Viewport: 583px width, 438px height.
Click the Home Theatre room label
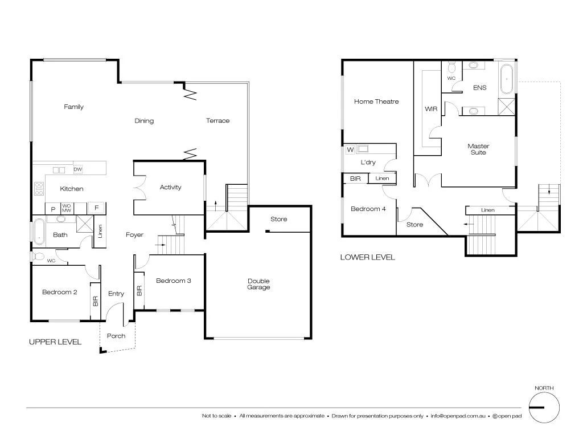376,102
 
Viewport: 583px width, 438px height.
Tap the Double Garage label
258,284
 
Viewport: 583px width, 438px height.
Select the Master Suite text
478,149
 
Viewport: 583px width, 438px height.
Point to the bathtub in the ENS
506,79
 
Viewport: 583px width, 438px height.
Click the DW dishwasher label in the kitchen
78,169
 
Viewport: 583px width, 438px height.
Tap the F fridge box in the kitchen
97,209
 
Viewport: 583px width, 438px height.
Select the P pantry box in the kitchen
53,209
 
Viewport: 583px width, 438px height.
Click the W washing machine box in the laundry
350,150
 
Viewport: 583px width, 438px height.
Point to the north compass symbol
544,407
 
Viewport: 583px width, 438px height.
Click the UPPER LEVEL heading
55,342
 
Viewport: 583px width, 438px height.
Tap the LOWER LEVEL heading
367,257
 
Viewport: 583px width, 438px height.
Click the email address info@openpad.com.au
458,416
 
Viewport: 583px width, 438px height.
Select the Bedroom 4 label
368,209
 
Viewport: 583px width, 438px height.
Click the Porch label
116,336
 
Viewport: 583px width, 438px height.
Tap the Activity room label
170,187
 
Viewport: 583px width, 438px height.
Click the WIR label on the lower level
431,108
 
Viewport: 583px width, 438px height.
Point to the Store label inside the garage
278,219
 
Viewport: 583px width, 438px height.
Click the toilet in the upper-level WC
38,256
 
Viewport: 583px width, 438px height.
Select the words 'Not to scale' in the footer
216,416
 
